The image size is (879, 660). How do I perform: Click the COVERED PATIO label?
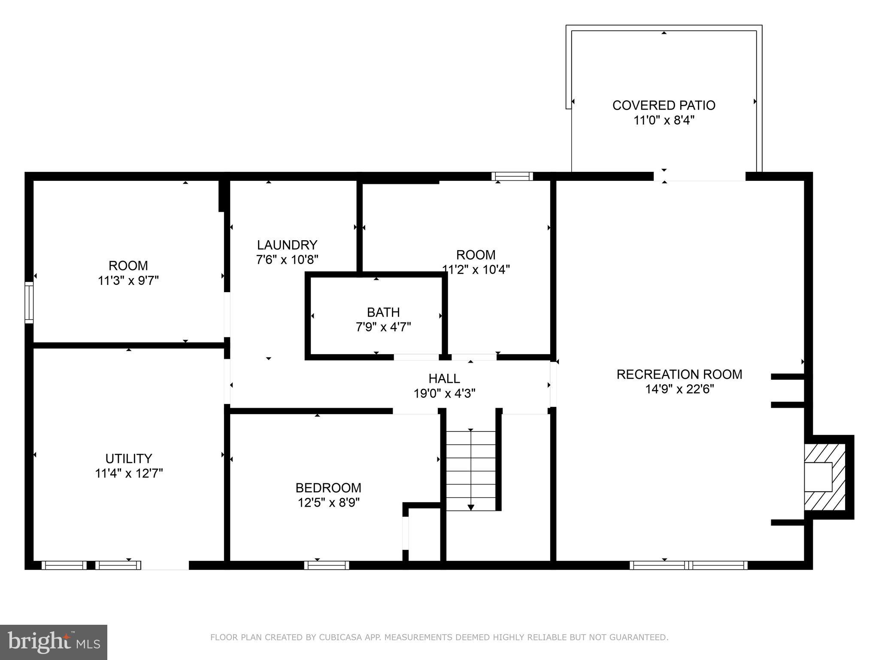[x=664, y=105]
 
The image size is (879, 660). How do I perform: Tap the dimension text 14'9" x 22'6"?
[x=679, y=389]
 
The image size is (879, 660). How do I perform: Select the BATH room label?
[x=383, y=312]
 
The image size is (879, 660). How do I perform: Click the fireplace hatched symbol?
[x=824, y=477]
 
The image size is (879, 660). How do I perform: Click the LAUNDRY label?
[x=287, y=245]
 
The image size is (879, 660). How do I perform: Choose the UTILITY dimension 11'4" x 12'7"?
[x=129, y=474]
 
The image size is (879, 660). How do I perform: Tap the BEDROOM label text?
[x=328, y=488]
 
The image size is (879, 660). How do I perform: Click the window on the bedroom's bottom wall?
[x=327, y=565]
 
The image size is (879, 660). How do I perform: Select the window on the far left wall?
[x=29, y=302]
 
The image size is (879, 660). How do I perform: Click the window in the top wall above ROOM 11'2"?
[x=512, y=176]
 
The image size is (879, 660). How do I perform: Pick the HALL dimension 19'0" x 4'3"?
[x=444, y=394]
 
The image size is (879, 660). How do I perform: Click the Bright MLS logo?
[x=54, y=642]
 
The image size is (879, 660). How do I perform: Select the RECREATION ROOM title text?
[x=679, y=374]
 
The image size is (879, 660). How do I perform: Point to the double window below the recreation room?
[x=688, y=565]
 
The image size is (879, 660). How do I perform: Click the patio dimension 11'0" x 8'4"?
[x=664, y=120]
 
